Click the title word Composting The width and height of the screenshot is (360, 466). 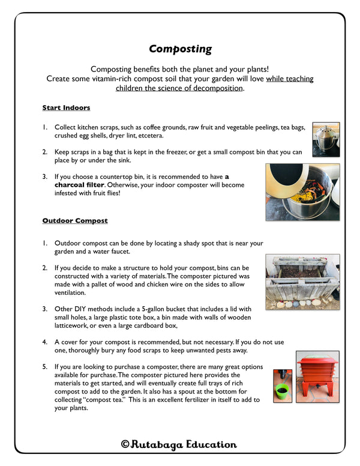point(180,49)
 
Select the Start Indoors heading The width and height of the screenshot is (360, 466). point(66,108)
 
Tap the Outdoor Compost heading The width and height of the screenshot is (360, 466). point(74,221)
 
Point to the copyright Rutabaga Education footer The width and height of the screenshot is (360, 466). point(179,445)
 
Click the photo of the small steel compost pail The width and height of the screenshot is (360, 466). point(326,139)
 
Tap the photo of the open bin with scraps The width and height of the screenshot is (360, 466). point(302,192)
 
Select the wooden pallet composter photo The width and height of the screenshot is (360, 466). point(302,282)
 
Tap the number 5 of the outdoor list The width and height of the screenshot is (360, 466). point(44,366)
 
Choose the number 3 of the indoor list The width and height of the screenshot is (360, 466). point(44,177)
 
